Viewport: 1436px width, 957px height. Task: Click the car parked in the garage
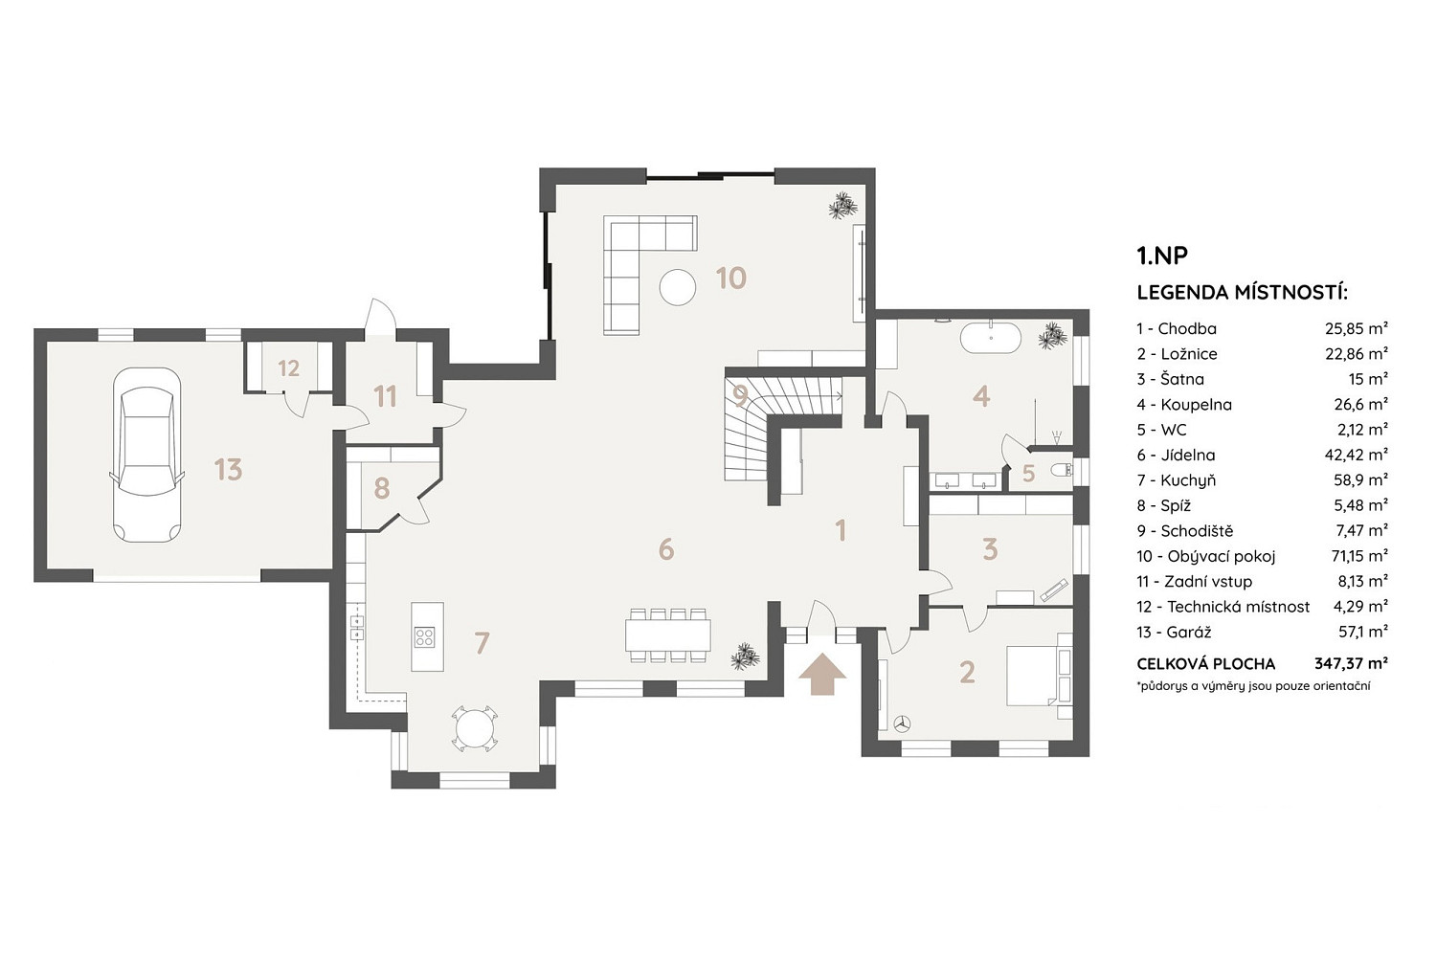coord(146,456)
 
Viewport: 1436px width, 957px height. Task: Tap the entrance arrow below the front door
coord(822,675)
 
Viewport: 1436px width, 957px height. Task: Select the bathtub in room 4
coord(991,337)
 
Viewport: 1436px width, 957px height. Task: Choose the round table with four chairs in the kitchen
coord(474,727)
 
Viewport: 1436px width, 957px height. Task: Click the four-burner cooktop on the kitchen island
coord(424,636)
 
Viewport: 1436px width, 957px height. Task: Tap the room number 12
coord(288,368)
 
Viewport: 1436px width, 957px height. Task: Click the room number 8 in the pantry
coord(381,488)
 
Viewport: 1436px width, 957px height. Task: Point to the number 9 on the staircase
coord(740,396)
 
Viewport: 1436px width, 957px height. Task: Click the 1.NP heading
coord(1162,256)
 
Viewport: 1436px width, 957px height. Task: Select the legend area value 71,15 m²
coord(1359,555)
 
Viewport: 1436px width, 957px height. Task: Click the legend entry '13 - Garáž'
coord(1175,632)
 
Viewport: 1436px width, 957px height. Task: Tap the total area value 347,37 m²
coord(1352,663)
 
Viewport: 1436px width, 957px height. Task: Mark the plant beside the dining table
coord(746,657)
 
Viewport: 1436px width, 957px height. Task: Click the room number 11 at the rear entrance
coord(385,397)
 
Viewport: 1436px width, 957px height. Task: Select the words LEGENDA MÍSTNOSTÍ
coord(1243,293)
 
